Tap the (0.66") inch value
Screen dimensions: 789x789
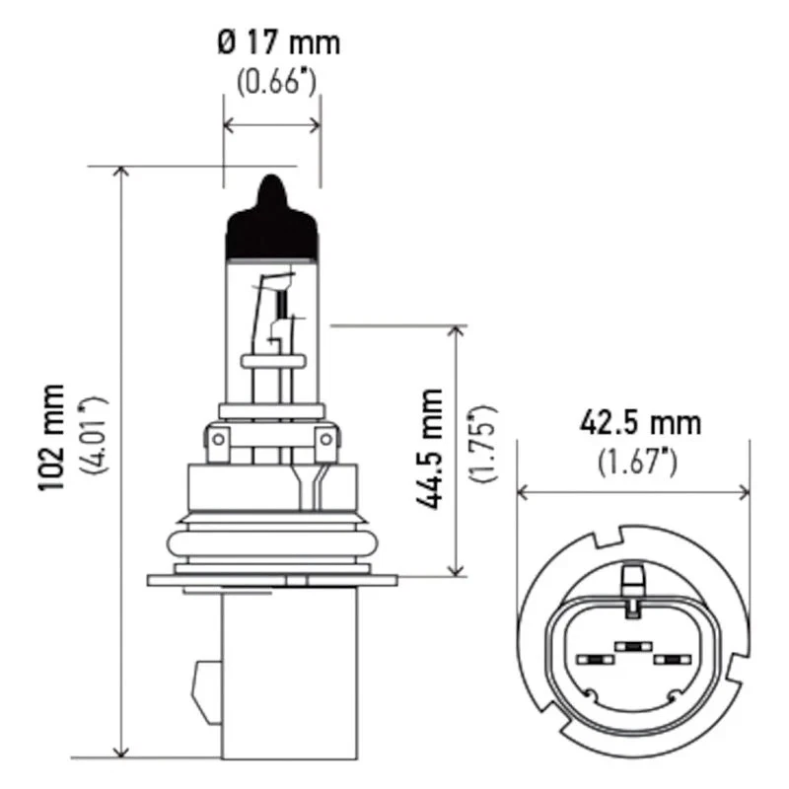[275, 82]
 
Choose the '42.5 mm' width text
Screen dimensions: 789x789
[640, 424]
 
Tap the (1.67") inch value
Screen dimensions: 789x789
[640, 461]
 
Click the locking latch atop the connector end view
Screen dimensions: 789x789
[631, 582]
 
